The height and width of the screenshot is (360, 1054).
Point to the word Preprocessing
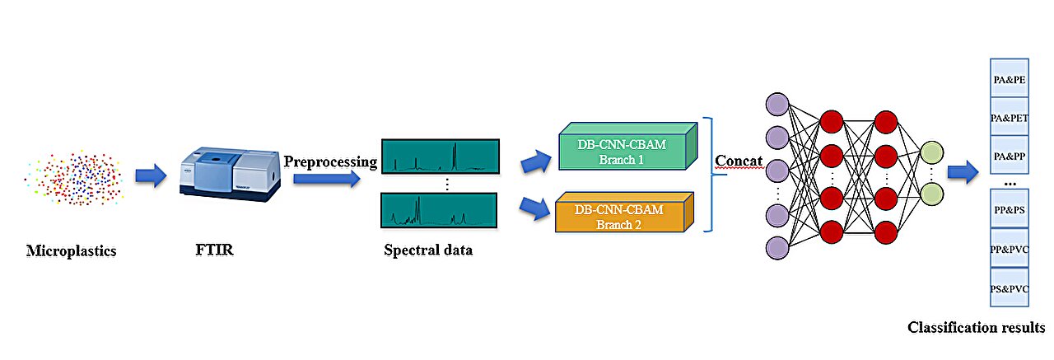coord(330,161)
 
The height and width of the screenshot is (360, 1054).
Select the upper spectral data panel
coord(439,156)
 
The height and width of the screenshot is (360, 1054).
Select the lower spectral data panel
coord(439,211)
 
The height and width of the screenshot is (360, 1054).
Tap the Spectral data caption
coord(428,250)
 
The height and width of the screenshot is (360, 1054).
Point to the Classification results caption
coord(976,328)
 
